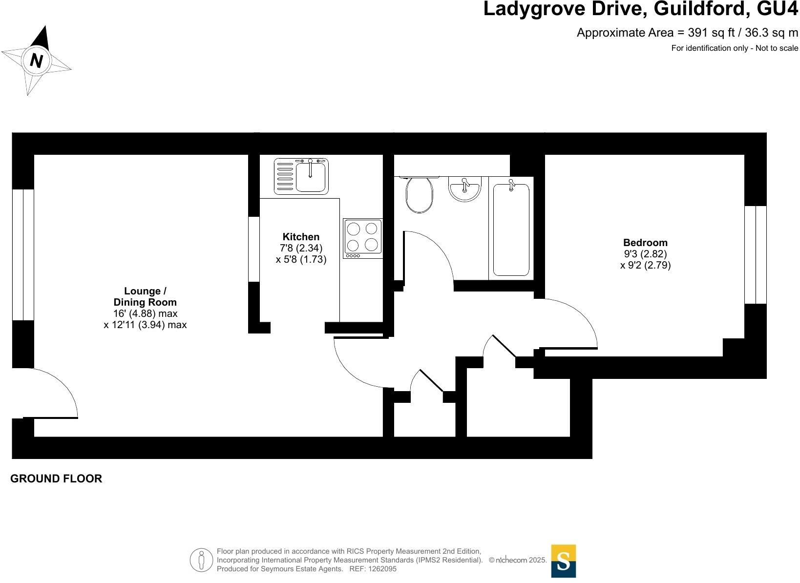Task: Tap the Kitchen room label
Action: click(x=301, y=237)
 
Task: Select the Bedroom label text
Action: click(x=645, y=243)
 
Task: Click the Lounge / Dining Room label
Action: click(x=145, y=296)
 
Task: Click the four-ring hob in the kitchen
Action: click(x=362, y=238)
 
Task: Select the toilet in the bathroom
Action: click(x=419, y=194)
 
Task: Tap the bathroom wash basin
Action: click(x=464, y=188)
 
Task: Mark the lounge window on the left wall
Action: click(x=23, y=254)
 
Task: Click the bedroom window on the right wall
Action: click(x=756, y=254)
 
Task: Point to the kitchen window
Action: click(x=254, y=249)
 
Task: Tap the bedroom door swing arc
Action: click(x=571, y=322)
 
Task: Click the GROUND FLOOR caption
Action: click(x=56, y=479)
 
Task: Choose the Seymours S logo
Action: click(x=563, y=561)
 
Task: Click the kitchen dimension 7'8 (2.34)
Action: click(x=301, y=249)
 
